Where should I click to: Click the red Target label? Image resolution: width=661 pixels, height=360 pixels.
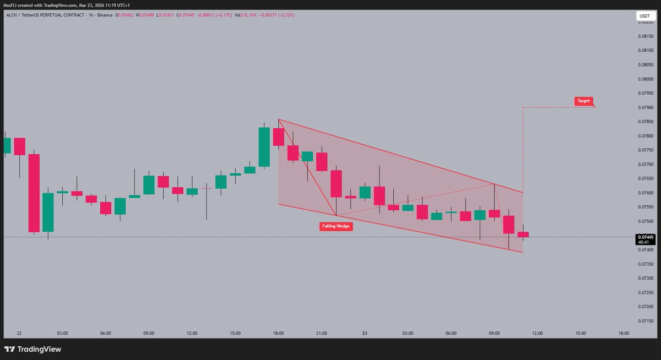coord(584,101)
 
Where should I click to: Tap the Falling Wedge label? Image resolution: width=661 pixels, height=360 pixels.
coord(336,226)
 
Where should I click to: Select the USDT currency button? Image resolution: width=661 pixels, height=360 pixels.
coord(644,17)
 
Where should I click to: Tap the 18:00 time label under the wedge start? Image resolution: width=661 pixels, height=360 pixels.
coord(278,333)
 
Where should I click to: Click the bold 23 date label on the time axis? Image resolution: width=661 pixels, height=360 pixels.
coord(365,333)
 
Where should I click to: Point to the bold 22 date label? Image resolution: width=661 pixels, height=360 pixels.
coord(19,333)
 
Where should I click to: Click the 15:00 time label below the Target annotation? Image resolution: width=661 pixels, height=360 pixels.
coord(581,333)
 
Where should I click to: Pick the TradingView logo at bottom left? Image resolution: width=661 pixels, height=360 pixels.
coord(32,349)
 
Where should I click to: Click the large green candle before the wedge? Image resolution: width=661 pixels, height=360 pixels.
coord(264,147)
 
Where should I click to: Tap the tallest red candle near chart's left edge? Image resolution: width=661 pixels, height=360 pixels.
coord(34,193)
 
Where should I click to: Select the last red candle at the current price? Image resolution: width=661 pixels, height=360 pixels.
coord(523,234)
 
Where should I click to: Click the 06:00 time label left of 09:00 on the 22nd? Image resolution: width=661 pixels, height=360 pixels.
coord(106,333)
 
